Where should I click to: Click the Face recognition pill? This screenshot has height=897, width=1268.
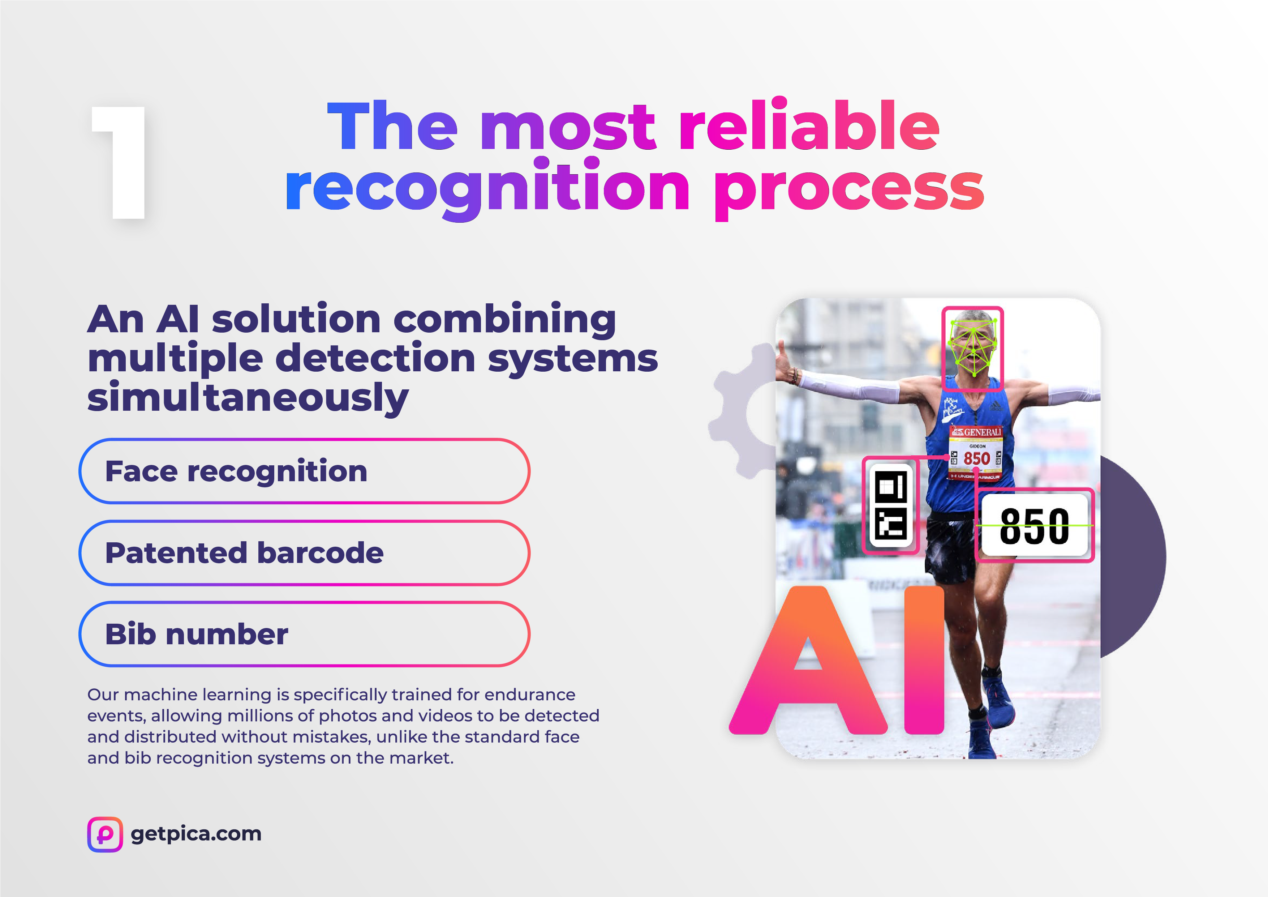(304, 471)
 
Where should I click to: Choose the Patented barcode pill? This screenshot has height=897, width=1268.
(304, 553)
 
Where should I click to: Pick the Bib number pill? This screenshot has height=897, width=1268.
(304, 634)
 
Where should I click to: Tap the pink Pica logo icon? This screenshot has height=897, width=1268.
(105, 834)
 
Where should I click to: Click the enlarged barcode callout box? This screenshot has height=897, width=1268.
(891, 505)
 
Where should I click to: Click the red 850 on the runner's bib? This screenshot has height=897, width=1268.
(976, 458)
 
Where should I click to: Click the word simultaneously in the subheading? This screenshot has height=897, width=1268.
(248, 398)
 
